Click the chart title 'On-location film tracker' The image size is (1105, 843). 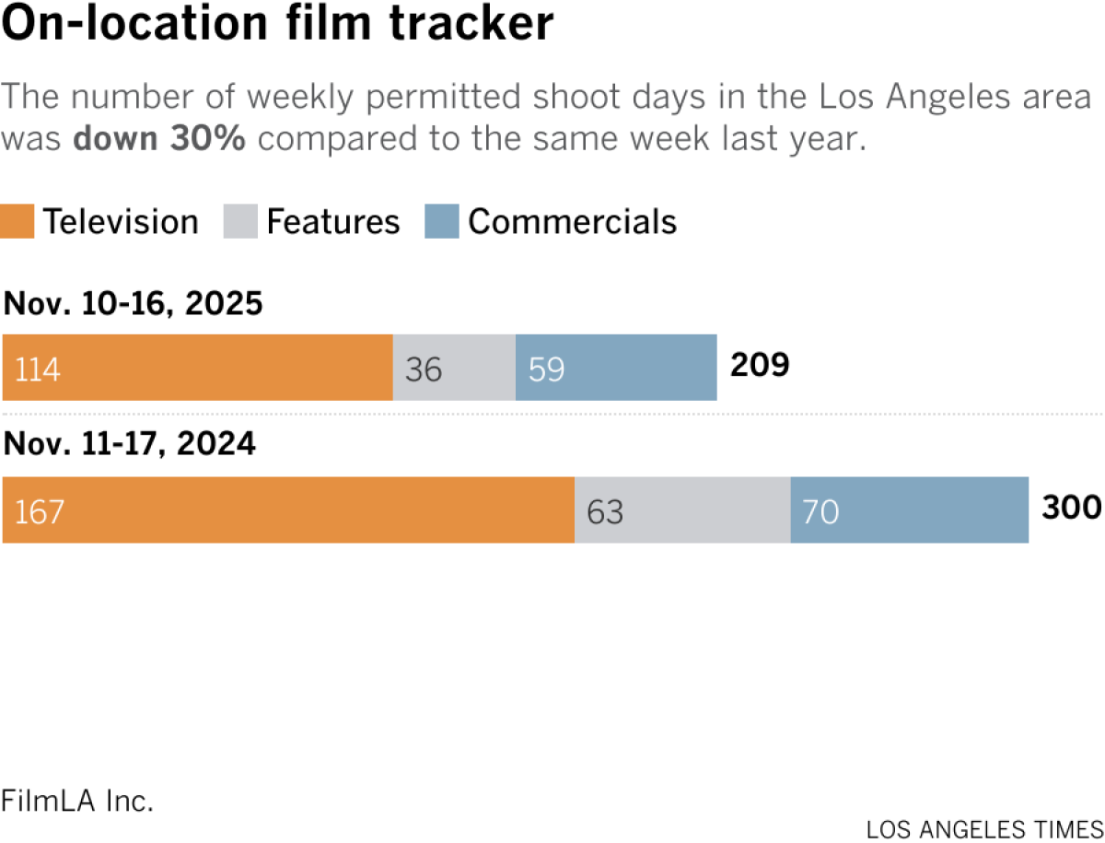278,26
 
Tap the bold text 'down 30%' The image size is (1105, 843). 158,140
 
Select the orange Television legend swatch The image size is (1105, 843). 18,222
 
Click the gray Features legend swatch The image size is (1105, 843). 239,222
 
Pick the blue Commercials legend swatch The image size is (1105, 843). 441,222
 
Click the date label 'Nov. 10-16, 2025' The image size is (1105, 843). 134,303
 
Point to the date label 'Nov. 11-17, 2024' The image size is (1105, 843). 130,445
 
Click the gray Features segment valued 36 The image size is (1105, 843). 454,368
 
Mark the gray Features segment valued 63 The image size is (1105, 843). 682,509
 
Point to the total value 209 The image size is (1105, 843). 760,366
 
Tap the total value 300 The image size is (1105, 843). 1071,508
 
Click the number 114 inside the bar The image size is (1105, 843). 37,369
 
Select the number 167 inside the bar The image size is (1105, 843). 39,511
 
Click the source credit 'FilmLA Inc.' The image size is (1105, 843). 77,801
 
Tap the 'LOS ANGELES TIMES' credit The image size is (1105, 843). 984,828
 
